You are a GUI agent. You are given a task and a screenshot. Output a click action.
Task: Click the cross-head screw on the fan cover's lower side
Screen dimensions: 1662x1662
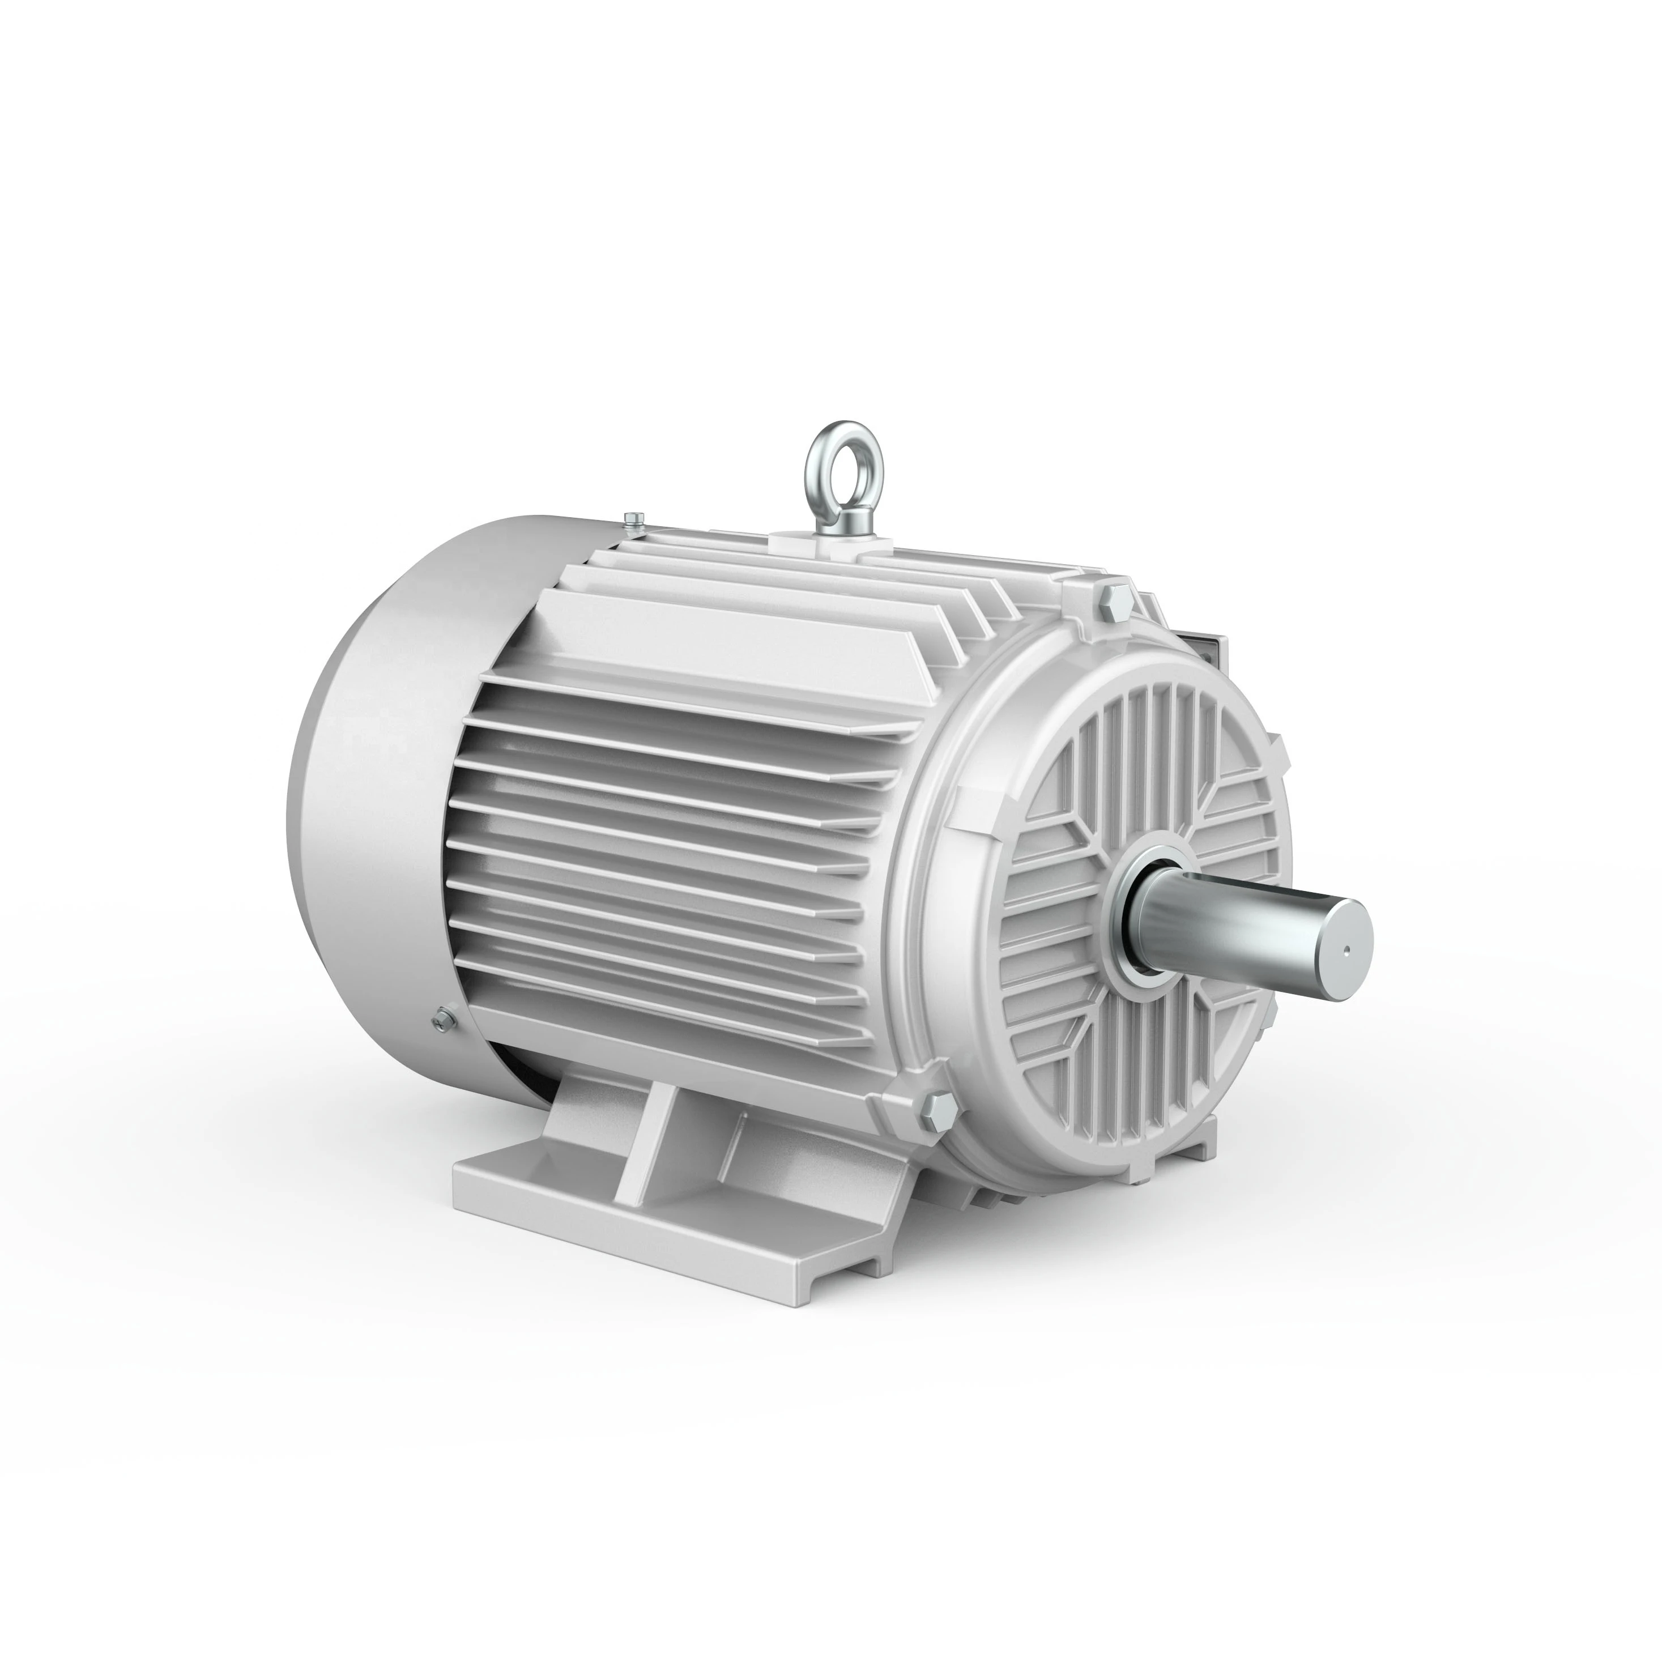(442, 1018)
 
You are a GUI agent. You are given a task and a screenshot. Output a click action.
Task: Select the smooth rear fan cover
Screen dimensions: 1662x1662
(378, 774)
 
